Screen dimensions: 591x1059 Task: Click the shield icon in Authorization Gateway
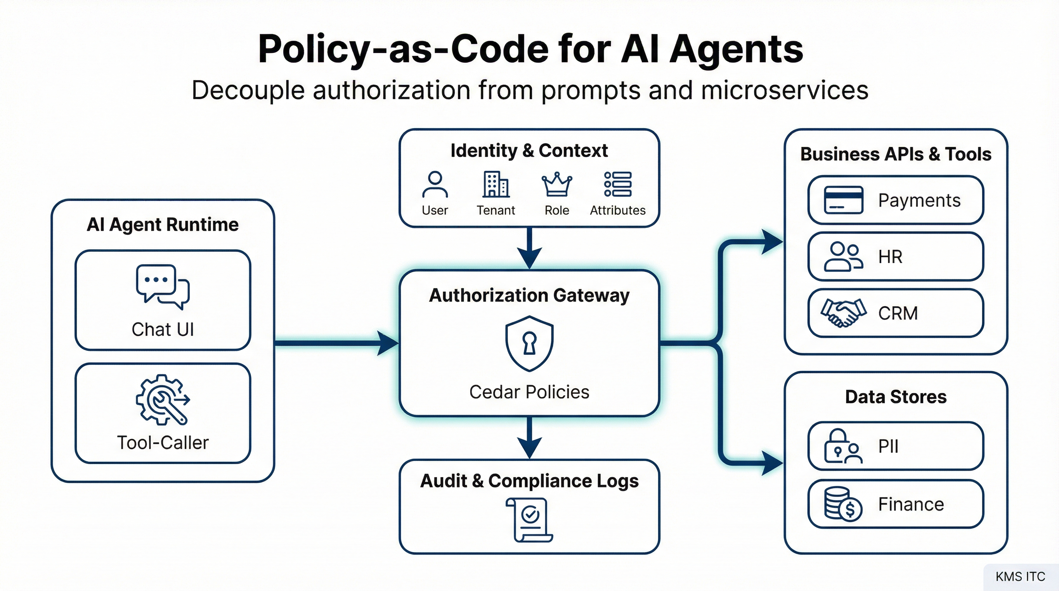529,344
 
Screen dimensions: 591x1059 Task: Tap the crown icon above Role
557,184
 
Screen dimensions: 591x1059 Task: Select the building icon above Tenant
496,184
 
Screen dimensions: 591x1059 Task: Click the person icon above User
435,185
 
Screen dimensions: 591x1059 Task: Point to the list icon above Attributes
618,184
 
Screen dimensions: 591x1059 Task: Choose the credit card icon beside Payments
843,200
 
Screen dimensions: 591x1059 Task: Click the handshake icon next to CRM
843,313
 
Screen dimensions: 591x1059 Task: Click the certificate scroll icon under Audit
529,520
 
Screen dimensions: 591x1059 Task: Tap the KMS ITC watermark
1020,577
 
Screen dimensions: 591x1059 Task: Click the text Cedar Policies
529,392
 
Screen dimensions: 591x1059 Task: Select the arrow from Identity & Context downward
529,248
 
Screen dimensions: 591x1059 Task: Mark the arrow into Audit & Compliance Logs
529,438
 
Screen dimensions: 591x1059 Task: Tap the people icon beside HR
843,257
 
